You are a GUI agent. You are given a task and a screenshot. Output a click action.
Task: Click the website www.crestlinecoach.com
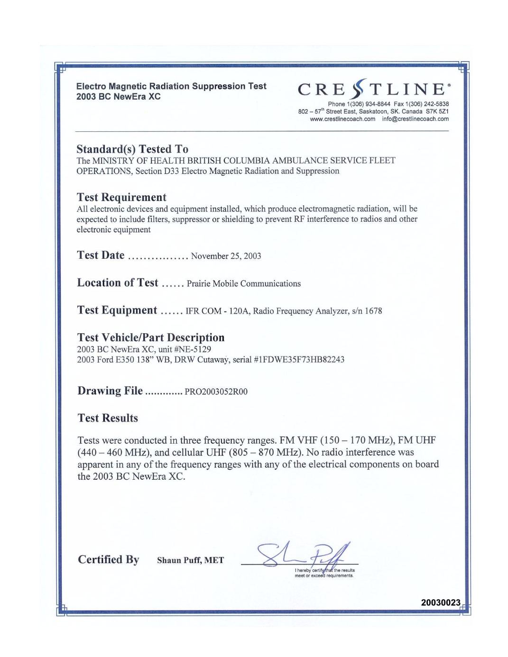[342, 119]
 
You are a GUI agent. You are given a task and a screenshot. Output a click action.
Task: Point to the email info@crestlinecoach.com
[416, 119]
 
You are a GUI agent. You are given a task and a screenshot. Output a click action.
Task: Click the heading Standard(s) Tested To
[132, 149]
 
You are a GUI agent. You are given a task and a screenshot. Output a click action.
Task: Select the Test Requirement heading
[121, 197]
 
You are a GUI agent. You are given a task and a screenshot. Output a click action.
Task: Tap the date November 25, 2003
[226, 256]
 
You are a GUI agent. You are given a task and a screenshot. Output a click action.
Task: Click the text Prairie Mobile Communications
[244, 283]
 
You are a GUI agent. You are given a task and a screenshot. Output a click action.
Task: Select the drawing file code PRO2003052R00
[216, 392]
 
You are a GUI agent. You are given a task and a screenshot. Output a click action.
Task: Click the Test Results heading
[108, 418]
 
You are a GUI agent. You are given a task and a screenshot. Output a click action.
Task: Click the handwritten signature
[304, 555]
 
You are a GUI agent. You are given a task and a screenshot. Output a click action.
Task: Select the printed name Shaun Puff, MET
[190, 560]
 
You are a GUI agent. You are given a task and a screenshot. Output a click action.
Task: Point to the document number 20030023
[441, 602]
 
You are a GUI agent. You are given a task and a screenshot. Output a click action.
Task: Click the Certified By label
[109, 559]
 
